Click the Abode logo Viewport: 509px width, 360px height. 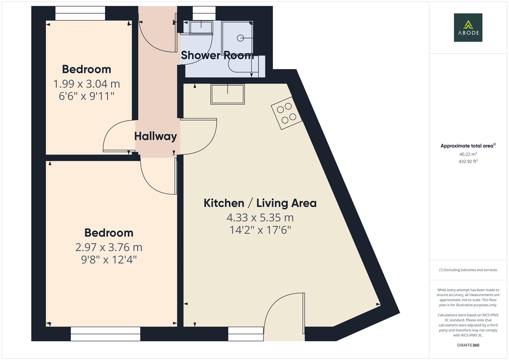coord(468,27)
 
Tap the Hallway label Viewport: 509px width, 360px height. coord(155,136)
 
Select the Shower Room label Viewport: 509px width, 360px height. coord(217,55)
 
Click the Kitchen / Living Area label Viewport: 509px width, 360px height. coord(260,203)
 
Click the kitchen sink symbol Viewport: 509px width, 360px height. coord(227,94)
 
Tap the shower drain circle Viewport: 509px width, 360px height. coord(240,38)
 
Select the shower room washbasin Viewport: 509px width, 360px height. coord(201,28)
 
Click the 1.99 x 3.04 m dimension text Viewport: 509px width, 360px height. coord(87,84)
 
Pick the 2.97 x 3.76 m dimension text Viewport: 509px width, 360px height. coord(109,247)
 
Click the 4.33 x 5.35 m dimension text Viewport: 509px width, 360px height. coord(260,218)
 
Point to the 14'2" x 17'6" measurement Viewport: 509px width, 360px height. coord(260,230)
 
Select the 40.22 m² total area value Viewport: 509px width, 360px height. coord(468,154)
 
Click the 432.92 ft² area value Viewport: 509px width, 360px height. coord(468,161)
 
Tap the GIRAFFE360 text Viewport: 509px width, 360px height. coord(468,345)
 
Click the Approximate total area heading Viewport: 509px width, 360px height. coord(468,146)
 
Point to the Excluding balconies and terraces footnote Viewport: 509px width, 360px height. coord(468,270)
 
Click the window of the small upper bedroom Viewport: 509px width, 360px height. coord(80,13)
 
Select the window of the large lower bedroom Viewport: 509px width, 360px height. coord(105,334)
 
